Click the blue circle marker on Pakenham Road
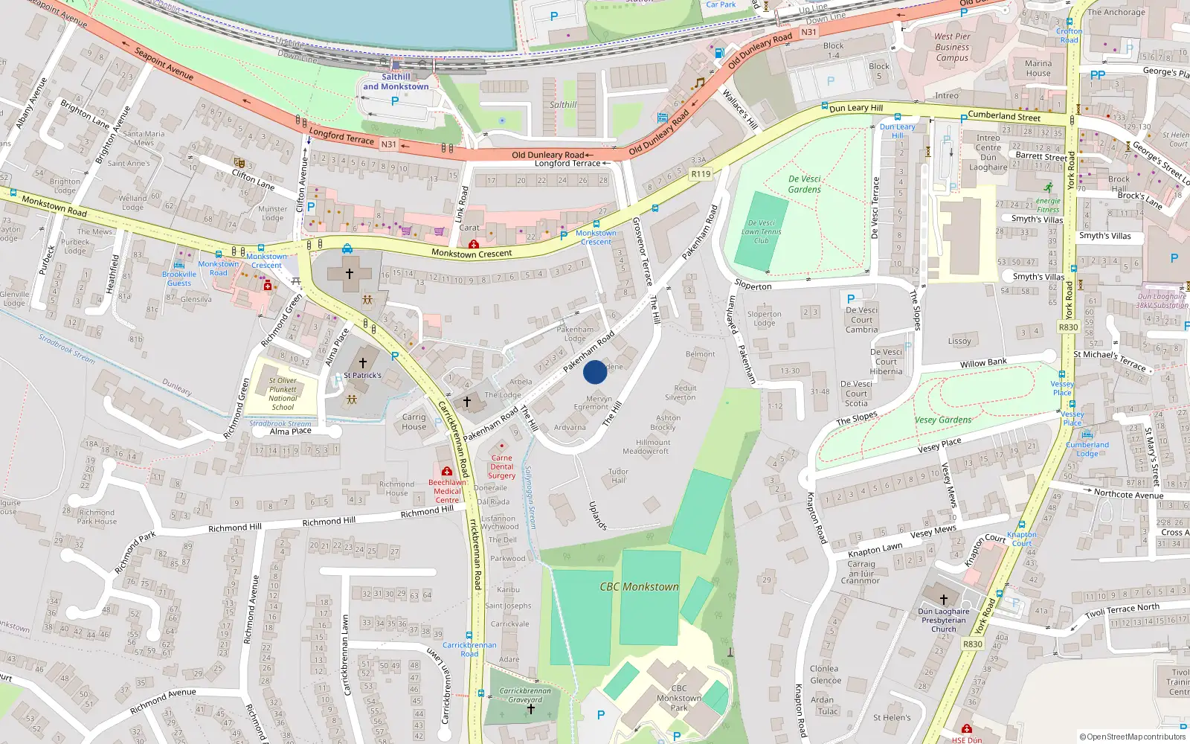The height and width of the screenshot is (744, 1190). pos(595,372)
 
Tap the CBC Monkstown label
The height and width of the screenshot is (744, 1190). pos(639,587)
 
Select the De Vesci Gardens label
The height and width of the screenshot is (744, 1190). pos(805,185)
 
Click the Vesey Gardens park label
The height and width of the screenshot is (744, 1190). pos(943,420)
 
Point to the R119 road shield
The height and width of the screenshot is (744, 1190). pos(701,174)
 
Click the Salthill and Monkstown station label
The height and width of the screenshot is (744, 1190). pos(396,82)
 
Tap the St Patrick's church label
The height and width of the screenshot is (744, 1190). pos(362,376)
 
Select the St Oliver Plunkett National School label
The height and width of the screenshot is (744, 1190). pos(283,394)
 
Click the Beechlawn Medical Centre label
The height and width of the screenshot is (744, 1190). pos(447,491)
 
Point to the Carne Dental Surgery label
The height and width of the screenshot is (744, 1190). pos(501,466)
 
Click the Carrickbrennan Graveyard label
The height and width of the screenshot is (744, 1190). pos(525,695)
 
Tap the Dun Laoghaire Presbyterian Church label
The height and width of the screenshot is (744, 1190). pos(944,620)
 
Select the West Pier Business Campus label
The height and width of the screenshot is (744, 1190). pos(952,47)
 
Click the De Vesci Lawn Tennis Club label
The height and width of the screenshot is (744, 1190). pos(761,231)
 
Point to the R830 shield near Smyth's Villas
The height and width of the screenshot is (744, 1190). pos(1068,327)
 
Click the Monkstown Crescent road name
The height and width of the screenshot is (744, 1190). pos(472,254)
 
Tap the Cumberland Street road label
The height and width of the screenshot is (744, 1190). pos(1004,116)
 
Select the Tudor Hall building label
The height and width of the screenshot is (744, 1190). pos(618,476)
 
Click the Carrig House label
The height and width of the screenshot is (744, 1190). pos(414,422)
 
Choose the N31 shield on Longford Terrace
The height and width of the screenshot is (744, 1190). pos(388,144)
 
